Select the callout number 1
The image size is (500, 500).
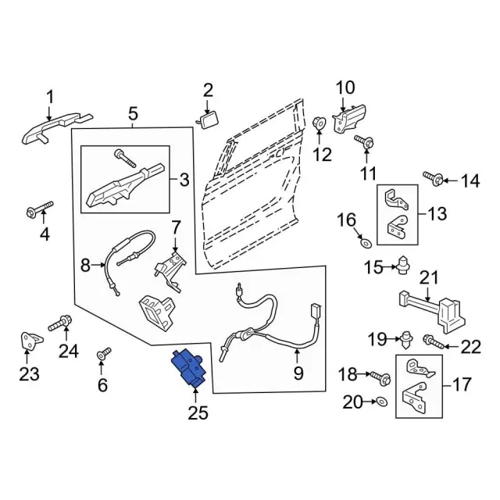click(50, 97)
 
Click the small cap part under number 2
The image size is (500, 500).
click(209, 119)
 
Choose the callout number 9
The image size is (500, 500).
click(298, 374)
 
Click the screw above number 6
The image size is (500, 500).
click(102, 355)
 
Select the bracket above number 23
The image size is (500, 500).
click(30, 341)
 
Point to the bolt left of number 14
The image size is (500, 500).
click(434, 179)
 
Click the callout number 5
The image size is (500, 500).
click(133, 113)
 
